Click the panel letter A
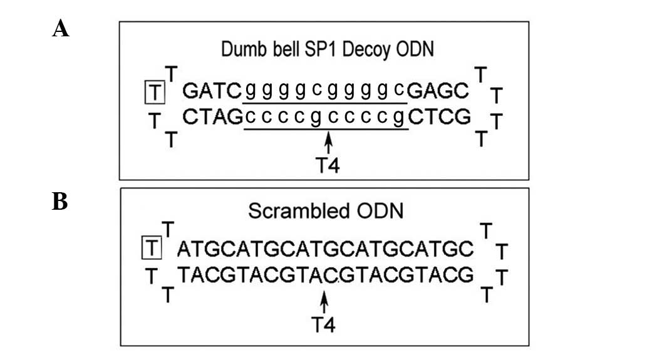point(60,28)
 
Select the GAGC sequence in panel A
point(438,93)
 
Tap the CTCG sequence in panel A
point(439,117)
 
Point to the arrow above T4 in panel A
point(328,142)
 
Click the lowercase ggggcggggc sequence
point(326,93)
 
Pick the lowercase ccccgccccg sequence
point(326,117)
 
